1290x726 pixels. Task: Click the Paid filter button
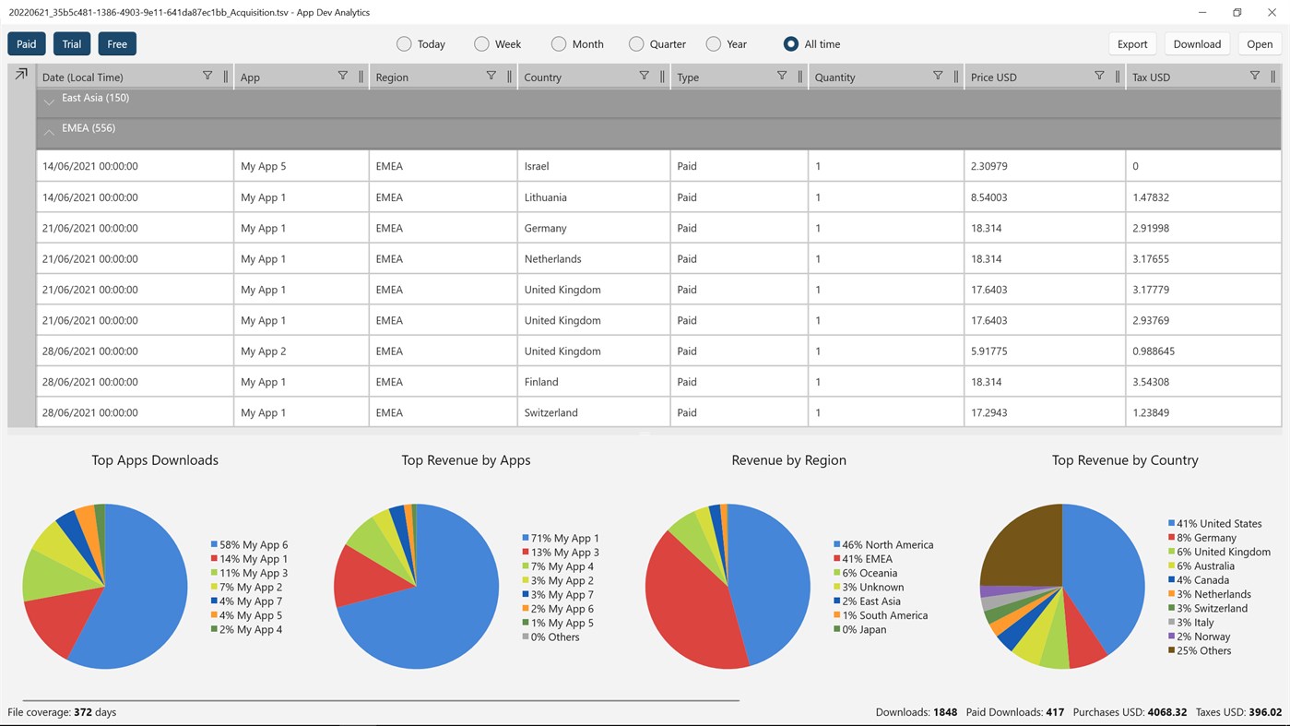pos(27,44)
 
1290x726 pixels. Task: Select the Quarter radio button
pos(636,44)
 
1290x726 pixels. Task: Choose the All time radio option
pos(791,44)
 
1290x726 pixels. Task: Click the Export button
pos(1131,44)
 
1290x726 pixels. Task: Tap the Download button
pos(1197,44)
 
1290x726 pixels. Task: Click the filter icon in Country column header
pos(644,77)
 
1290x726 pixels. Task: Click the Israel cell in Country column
pos(537,167)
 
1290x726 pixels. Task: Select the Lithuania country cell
pos(545,197)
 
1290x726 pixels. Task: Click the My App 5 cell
pos(263,167)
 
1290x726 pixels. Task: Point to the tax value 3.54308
pos(1151,382)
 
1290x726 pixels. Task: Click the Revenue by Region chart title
pos(788,460)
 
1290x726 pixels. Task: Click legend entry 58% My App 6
pos(249,545)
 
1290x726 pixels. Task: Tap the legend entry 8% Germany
pos(1202,538)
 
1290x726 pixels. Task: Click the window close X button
pos(1272,13)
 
